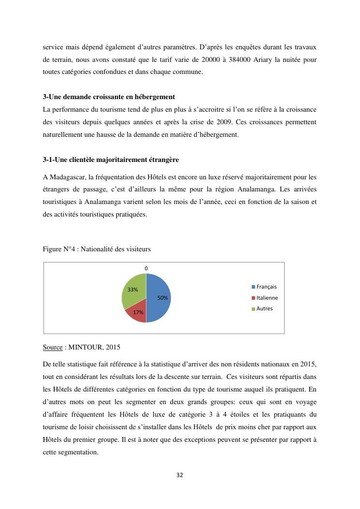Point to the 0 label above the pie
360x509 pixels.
(146, 268)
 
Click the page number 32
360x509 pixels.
(180, 475)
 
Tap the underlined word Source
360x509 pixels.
(53, 347)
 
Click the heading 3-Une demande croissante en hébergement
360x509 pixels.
(109, 97)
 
